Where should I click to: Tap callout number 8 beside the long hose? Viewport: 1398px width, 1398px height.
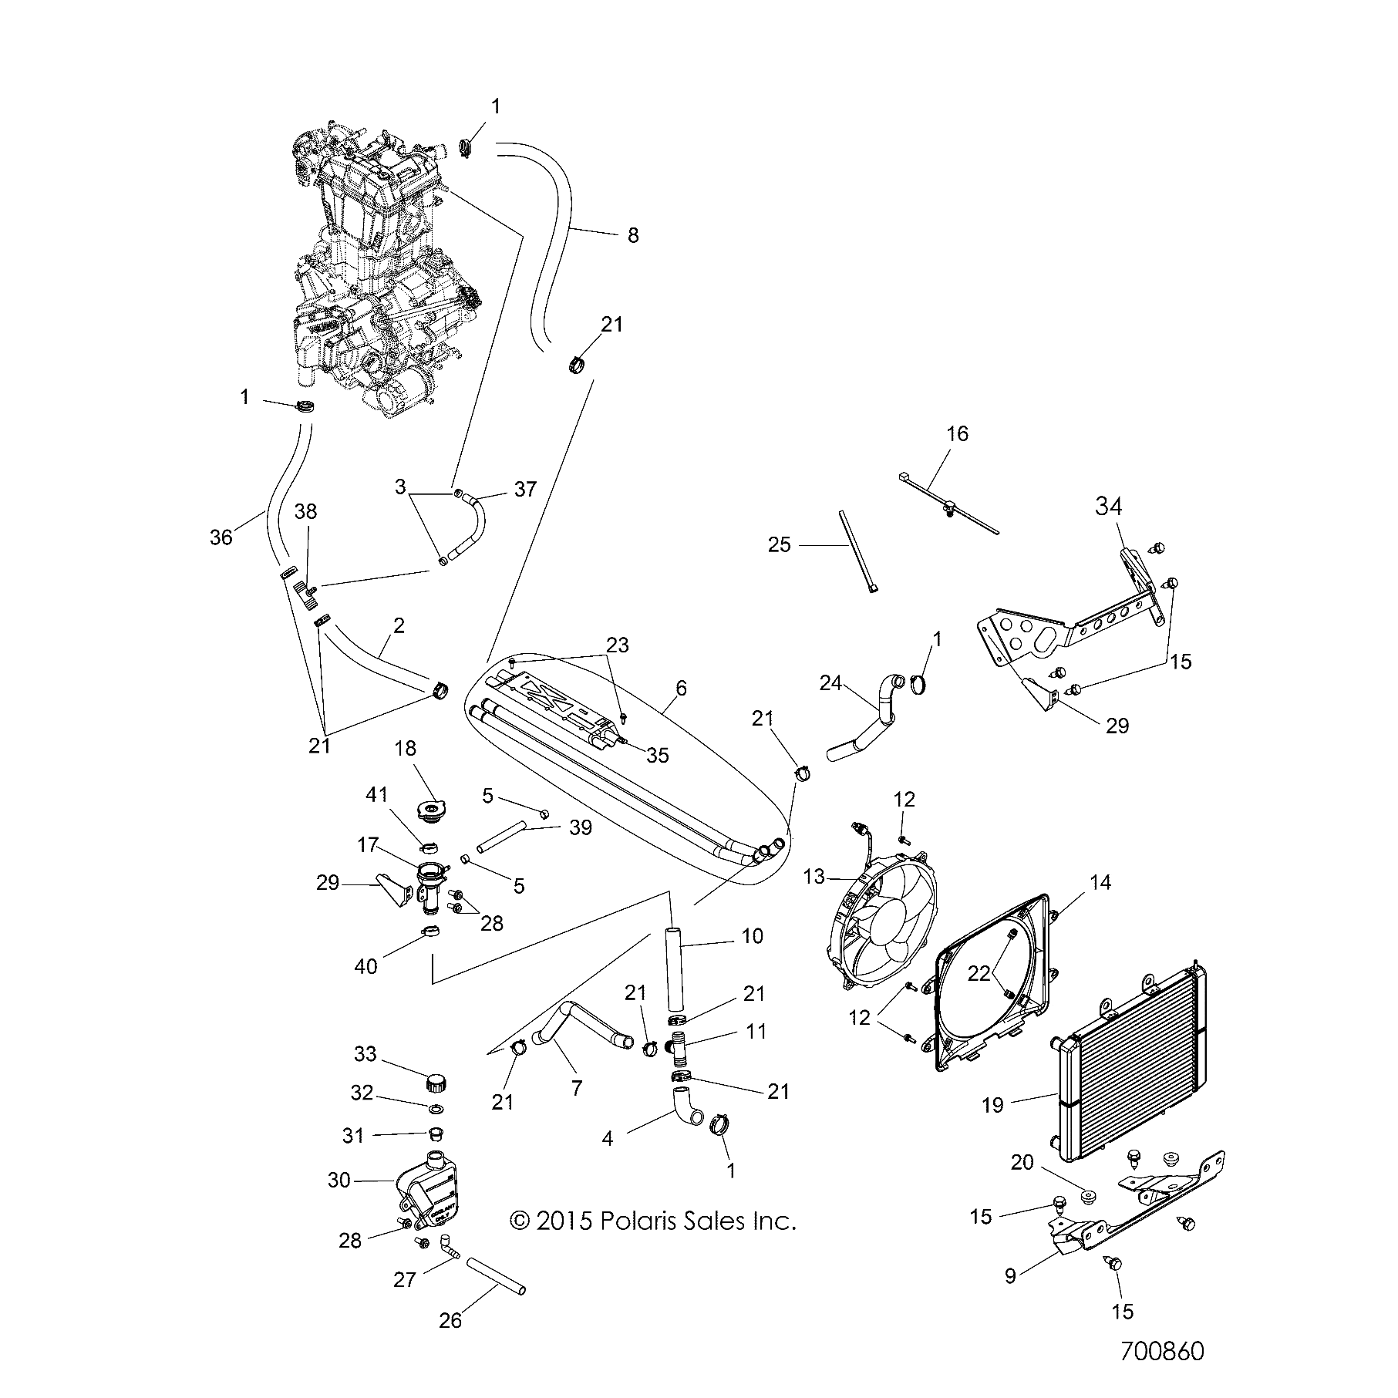[633, 235]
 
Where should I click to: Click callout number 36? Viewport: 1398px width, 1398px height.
[221, 537]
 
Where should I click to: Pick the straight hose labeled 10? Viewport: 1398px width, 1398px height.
[675, 969]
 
